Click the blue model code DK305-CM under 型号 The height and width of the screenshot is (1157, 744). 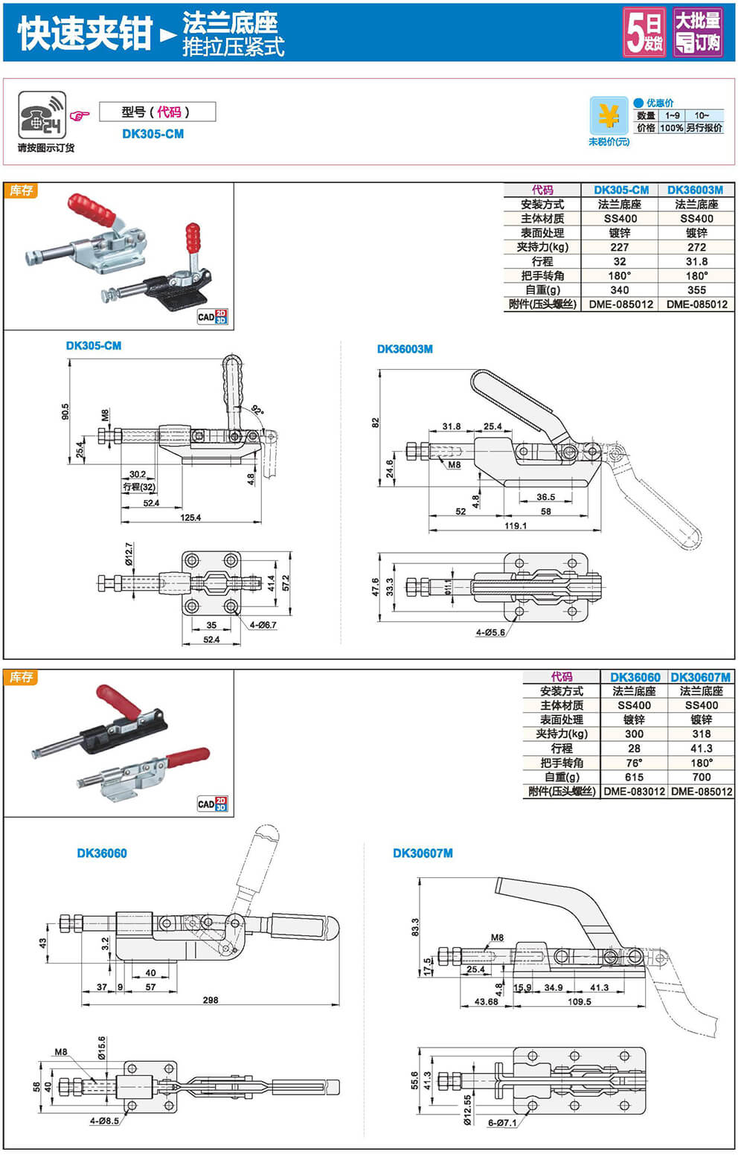coord(153,134)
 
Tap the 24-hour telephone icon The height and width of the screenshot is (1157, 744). coord(42,115)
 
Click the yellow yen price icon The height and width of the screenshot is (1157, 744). coord(609,116)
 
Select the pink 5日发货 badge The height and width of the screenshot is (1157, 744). coord(644,33)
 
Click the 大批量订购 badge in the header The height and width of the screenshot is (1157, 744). coord(698,33)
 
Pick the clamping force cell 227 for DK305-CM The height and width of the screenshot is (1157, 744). coord(620,247)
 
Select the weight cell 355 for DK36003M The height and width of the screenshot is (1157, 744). coord(696,290)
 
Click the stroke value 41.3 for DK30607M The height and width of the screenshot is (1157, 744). coord(701,749)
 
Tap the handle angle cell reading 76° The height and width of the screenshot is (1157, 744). coord(634,763)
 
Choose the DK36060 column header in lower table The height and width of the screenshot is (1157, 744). coord(635,677)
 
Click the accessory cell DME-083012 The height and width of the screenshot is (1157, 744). coord(634,792)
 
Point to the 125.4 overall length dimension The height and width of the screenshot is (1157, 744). coord(190,517)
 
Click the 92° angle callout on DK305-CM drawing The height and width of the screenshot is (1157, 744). coord(257,410)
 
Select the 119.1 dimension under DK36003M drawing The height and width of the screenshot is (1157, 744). coord(515,525)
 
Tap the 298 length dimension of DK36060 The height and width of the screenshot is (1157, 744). coord(211,1000)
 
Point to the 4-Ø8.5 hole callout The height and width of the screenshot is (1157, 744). coord(104,1121)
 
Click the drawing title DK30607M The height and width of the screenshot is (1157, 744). coord(423,853)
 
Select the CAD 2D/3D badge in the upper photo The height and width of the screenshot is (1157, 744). coord(212,317)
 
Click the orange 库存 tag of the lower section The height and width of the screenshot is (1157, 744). coord(21,677)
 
